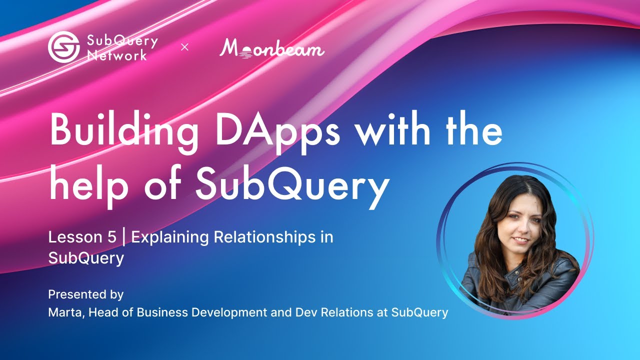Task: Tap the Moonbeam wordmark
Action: (x=272, y=48)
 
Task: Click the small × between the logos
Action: (x=184, y=47)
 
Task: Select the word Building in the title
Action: (x=118, y=131)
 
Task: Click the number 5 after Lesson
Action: (x=111, y=237)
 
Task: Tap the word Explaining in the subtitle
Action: (x=170, y=237)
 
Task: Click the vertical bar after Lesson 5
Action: (x=123, y=237)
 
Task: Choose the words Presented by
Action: (x=85, y=294)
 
